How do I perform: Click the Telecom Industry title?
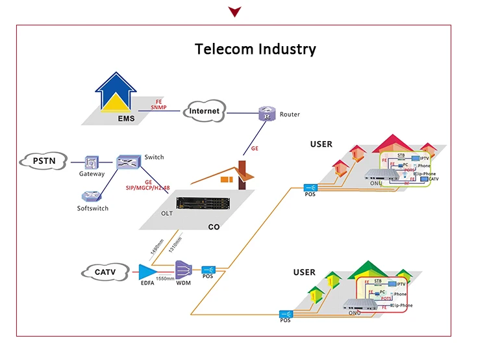point(256,49)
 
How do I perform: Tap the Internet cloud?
point(204,111)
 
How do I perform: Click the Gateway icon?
point(92,162)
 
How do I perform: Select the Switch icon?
point(129,162)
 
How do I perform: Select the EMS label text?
point(125,119)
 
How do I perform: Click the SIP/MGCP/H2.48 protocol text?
point(147,188)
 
